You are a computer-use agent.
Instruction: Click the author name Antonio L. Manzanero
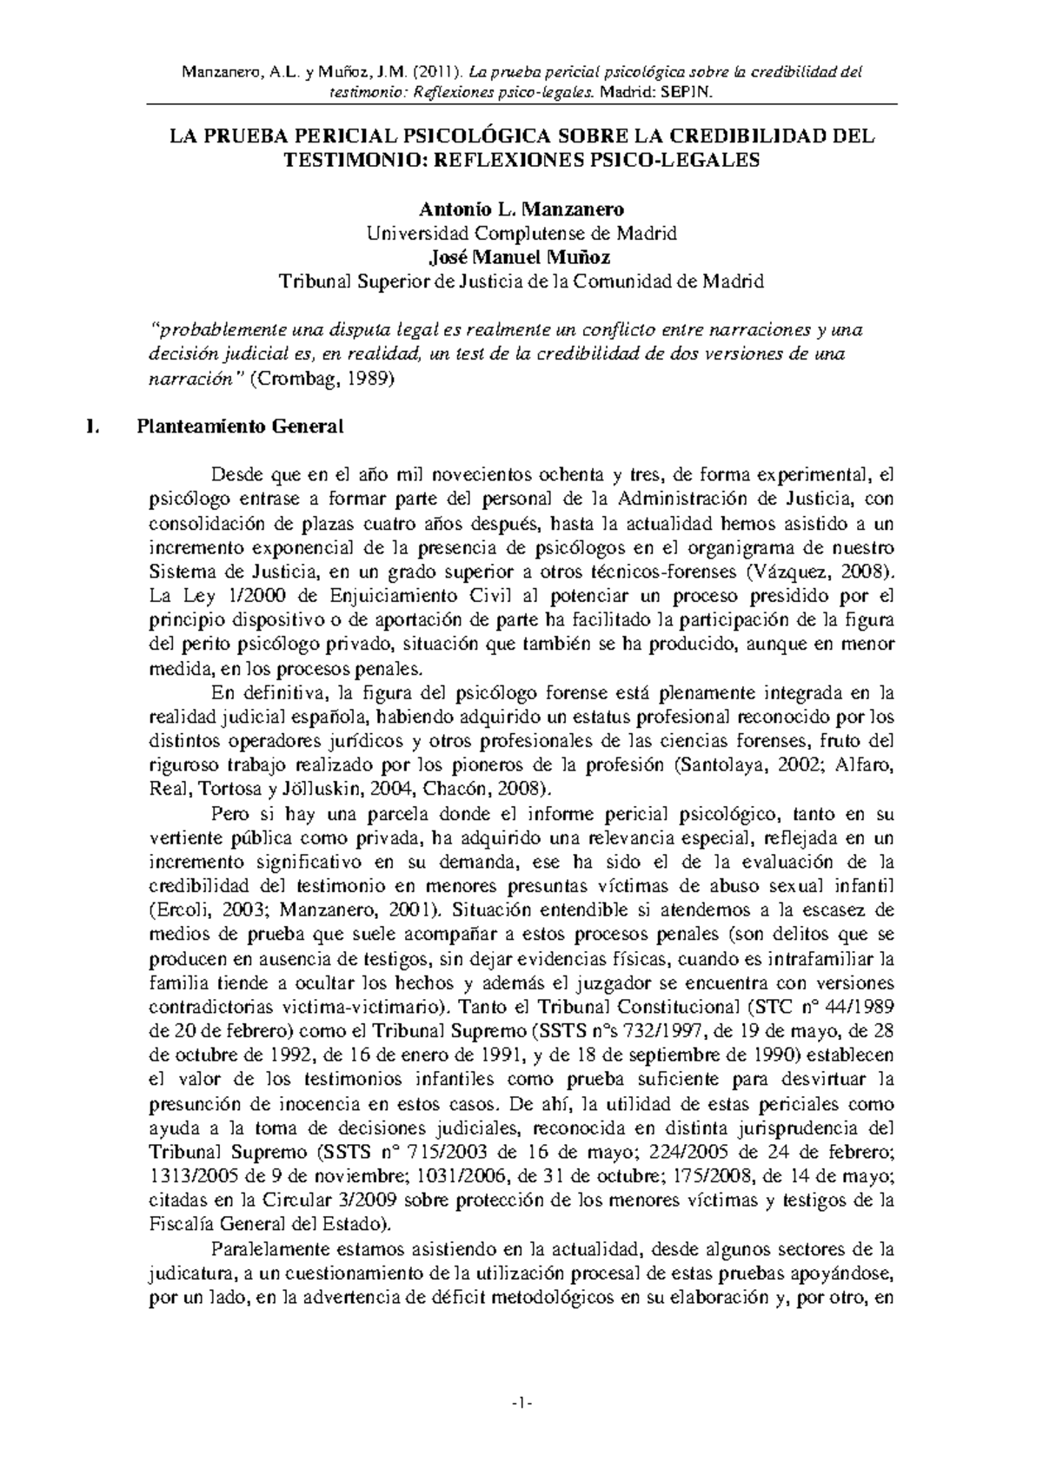tap(521, 209)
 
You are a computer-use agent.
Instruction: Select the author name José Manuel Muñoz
tap(521, 258)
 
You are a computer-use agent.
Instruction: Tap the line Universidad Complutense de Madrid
tap(521, 234)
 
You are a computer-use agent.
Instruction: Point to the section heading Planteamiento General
tap(239, 427)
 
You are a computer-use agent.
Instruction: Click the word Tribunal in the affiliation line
tap(309, 282)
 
